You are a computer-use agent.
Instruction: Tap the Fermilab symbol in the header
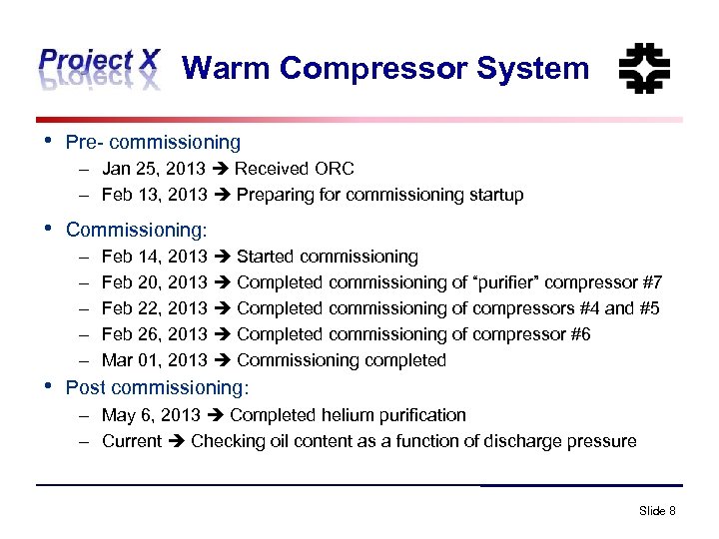tap(644, 69)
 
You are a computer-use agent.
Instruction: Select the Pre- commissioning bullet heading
tap(153, 143)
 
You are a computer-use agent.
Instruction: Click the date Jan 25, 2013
tap(154, 169)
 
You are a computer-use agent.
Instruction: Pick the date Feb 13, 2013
tap(155, 195)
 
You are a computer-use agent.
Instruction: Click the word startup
tap(491, 195)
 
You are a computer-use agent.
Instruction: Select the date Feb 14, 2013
tap(155, 257)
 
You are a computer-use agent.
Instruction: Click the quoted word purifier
tap(523, 282)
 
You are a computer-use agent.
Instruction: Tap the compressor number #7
tap(649, 282)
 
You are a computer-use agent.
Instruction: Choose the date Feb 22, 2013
tap(155, 308)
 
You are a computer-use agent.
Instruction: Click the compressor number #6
tap(578, 334)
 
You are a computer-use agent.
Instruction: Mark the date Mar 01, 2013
tap(155, 360)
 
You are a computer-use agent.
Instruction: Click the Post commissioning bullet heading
tap(157, 386)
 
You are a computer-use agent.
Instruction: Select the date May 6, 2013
tap(152, 415)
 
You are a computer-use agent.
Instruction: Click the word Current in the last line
tap(132, 441)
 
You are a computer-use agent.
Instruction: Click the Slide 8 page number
tap(657, 511)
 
